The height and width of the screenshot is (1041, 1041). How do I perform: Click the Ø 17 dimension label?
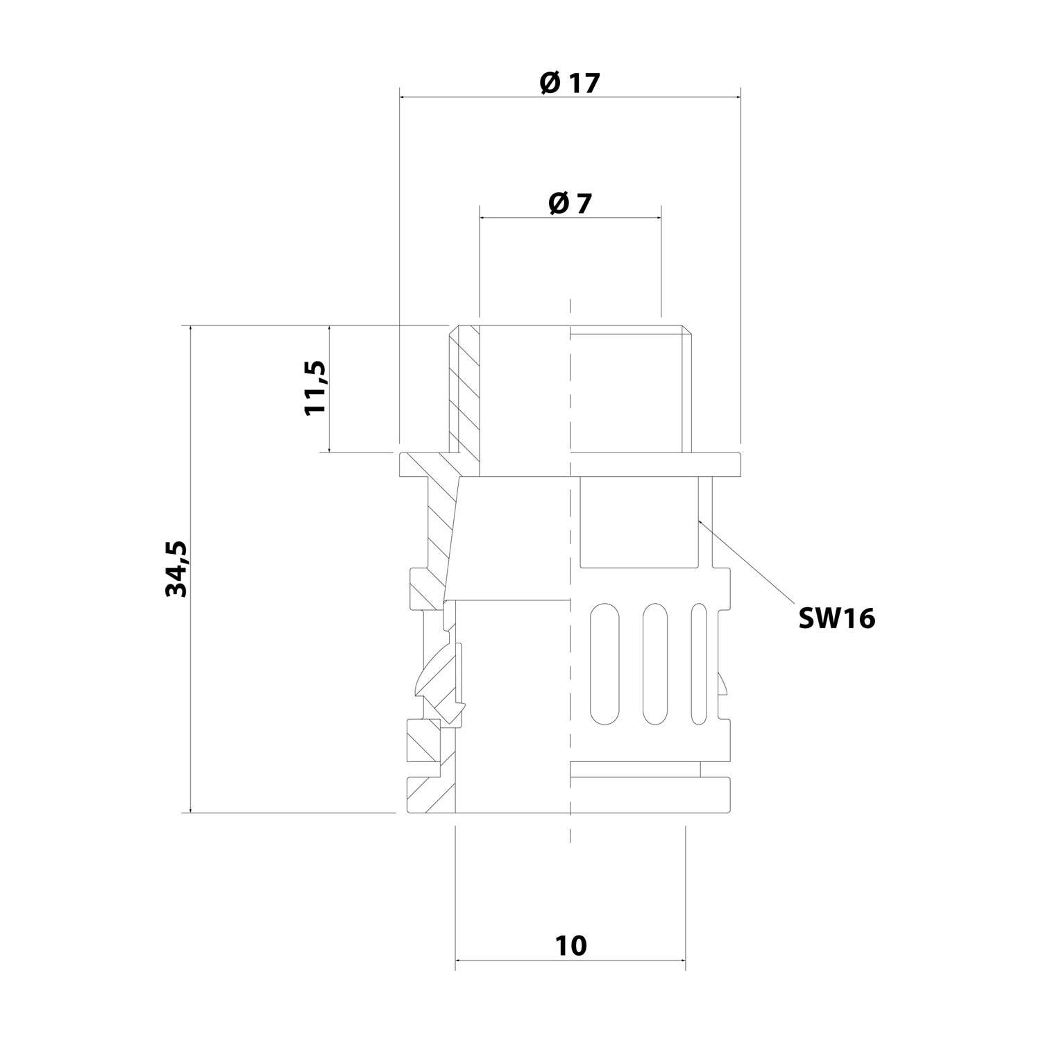[x=569, y=83]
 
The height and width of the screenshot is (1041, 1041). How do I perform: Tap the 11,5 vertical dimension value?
[x=315, y=387]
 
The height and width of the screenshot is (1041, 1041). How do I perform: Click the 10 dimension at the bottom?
[x=570, y=945]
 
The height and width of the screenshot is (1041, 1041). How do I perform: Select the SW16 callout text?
[x=836, y=618]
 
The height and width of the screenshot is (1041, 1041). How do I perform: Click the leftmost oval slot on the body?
[x=603, y=664]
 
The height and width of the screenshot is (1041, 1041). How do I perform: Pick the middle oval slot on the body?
[x=655, y=664]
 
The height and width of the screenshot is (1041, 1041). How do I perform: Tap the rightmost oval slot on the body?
[x=699, y=664]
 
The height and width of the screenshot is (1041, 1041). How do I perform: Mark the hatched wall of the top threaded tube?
[x=464, y=389]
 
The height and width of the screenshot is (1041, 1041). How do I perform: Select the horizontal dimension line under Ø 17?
[x=569, y=98]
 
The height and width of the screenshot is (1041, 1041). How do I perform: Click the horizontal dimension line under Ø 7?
[x=569, y=218]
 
